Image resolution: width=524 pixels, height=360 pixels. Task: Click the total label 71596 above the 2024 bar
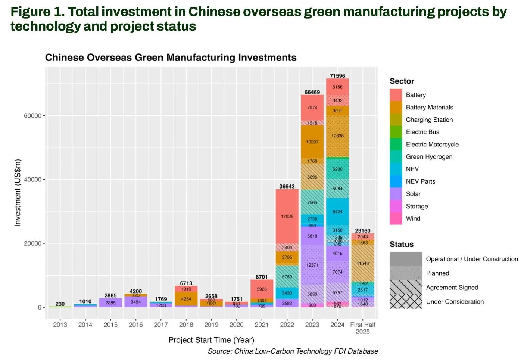click(337, 76)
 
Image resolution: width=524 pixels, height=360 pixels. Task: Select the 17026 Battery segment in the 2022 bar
click(287, 217)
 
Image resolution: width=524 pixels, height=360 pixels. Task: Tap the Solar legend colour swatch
click(396, 194)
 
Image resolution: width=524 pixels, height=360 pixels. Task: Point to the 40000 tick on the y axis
click(32, 180)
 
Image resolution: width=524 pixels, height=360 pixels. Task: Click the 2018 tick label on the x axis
click(186, 325)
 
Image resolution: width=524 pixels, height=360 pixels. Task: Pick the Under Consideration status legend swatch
click(406, 302)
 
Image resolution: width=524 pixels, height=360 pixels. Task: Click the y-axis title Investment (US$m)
click(18, 193)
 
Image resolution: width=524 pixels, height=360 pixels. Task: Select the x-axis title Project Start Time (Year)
click(211, 340)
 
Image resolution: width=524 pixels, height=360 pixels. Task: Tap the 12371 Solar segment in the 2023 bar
click(312, 265)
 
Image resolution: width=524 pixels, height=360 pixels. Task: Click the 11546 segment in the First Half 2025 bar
click(362, 263)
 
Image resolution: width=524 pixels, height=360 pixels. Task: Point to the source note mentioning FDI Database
click(293, 351)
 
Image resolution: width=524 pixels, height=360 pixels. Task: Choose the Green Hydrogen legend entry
click(429, 157)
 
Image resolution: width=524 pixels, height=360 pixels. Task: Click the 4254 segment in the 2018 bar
click(186, 299)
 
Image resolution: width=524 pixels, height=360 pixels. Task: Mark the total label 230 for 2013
click(60, 304)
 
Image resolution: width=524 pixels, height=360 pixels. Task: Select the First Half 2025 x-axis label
click(362, 328)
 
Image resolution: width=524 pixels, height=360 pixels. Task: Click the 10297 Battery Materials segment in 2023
click(312, 142)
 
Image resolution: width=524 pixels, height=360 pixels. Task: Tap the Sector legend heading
click(402, 81)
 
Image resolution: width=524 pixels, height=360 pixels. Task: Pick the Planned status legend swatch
click(406, 273)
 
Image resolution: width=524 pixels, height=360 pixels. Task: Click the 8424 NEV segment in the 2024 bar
click(337, 212)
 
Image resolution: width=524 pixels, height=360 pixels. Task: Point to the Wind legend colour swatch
click(396, 218)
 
